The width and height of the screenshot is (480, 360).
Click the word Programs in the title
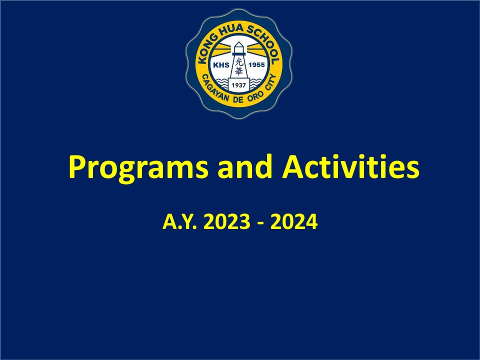138,168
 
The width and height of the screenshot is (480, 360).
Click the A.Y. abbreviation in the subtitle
179,221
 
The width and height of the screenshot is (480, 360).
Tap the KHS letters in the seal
221,65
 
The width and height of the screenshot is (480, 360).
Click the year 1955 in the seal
256,65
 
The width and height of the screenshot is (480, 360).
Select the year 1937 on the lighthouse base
239,85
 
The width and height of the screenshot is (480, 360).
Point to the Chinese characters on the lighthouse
239,66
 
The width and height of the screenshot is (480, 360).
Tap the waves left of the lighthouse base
223,82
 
